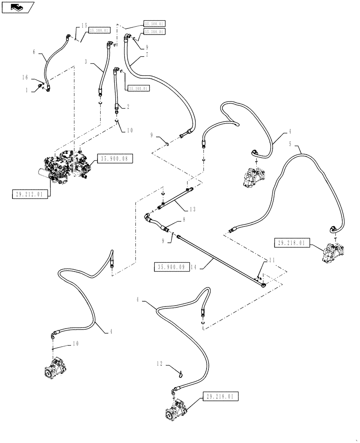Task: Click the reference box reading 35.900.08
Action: click(x=114, y=158)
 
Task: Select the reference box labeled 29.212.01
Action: click(x=30, y=194)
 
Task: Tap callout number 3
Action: click(x=87, y=62)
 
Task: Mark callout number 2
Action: click(x=128, y=106)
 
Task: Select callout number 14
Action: click(x=192, y=267)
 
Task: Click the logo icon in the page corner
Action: click(x=17, y=7)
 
